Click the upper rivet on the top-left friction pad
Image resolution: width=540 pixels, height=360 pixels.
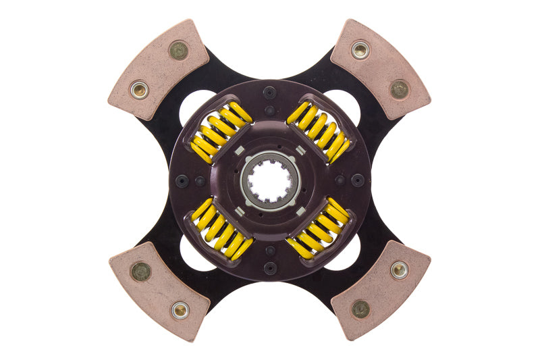coord(178,50)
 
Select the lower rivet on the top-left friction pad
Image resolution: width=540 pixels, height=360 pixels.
coord(139,89)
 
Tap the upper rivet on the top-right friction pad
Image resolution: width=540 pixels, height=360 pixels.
coord(360,49)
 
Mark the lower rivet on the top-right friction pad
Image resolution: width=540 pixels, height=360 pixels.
coord(400,89)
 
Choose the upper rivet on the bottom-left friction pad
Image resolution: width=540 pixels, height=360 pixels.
coord(140,272)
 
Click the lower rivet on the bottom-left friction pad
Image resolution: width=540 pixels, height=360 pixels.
coord(179,310)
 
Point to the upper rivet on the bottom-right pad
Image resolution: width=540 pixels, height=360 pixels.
coord(399,270)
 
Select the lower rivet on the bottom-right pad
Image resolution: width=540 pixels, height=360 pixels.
coord(360,309)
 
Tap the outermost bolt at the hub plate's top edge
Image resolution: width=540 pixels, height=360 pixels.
coord(270,93)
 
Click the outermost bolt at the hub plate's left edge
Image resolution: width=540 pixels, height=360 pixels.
coord(182,180)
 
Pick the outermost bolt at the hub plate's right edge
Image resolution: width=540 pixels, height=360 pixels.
coord(358,180)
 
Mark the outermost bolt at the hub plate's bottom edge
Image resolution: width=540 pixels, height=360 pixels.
coord(270,268)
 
